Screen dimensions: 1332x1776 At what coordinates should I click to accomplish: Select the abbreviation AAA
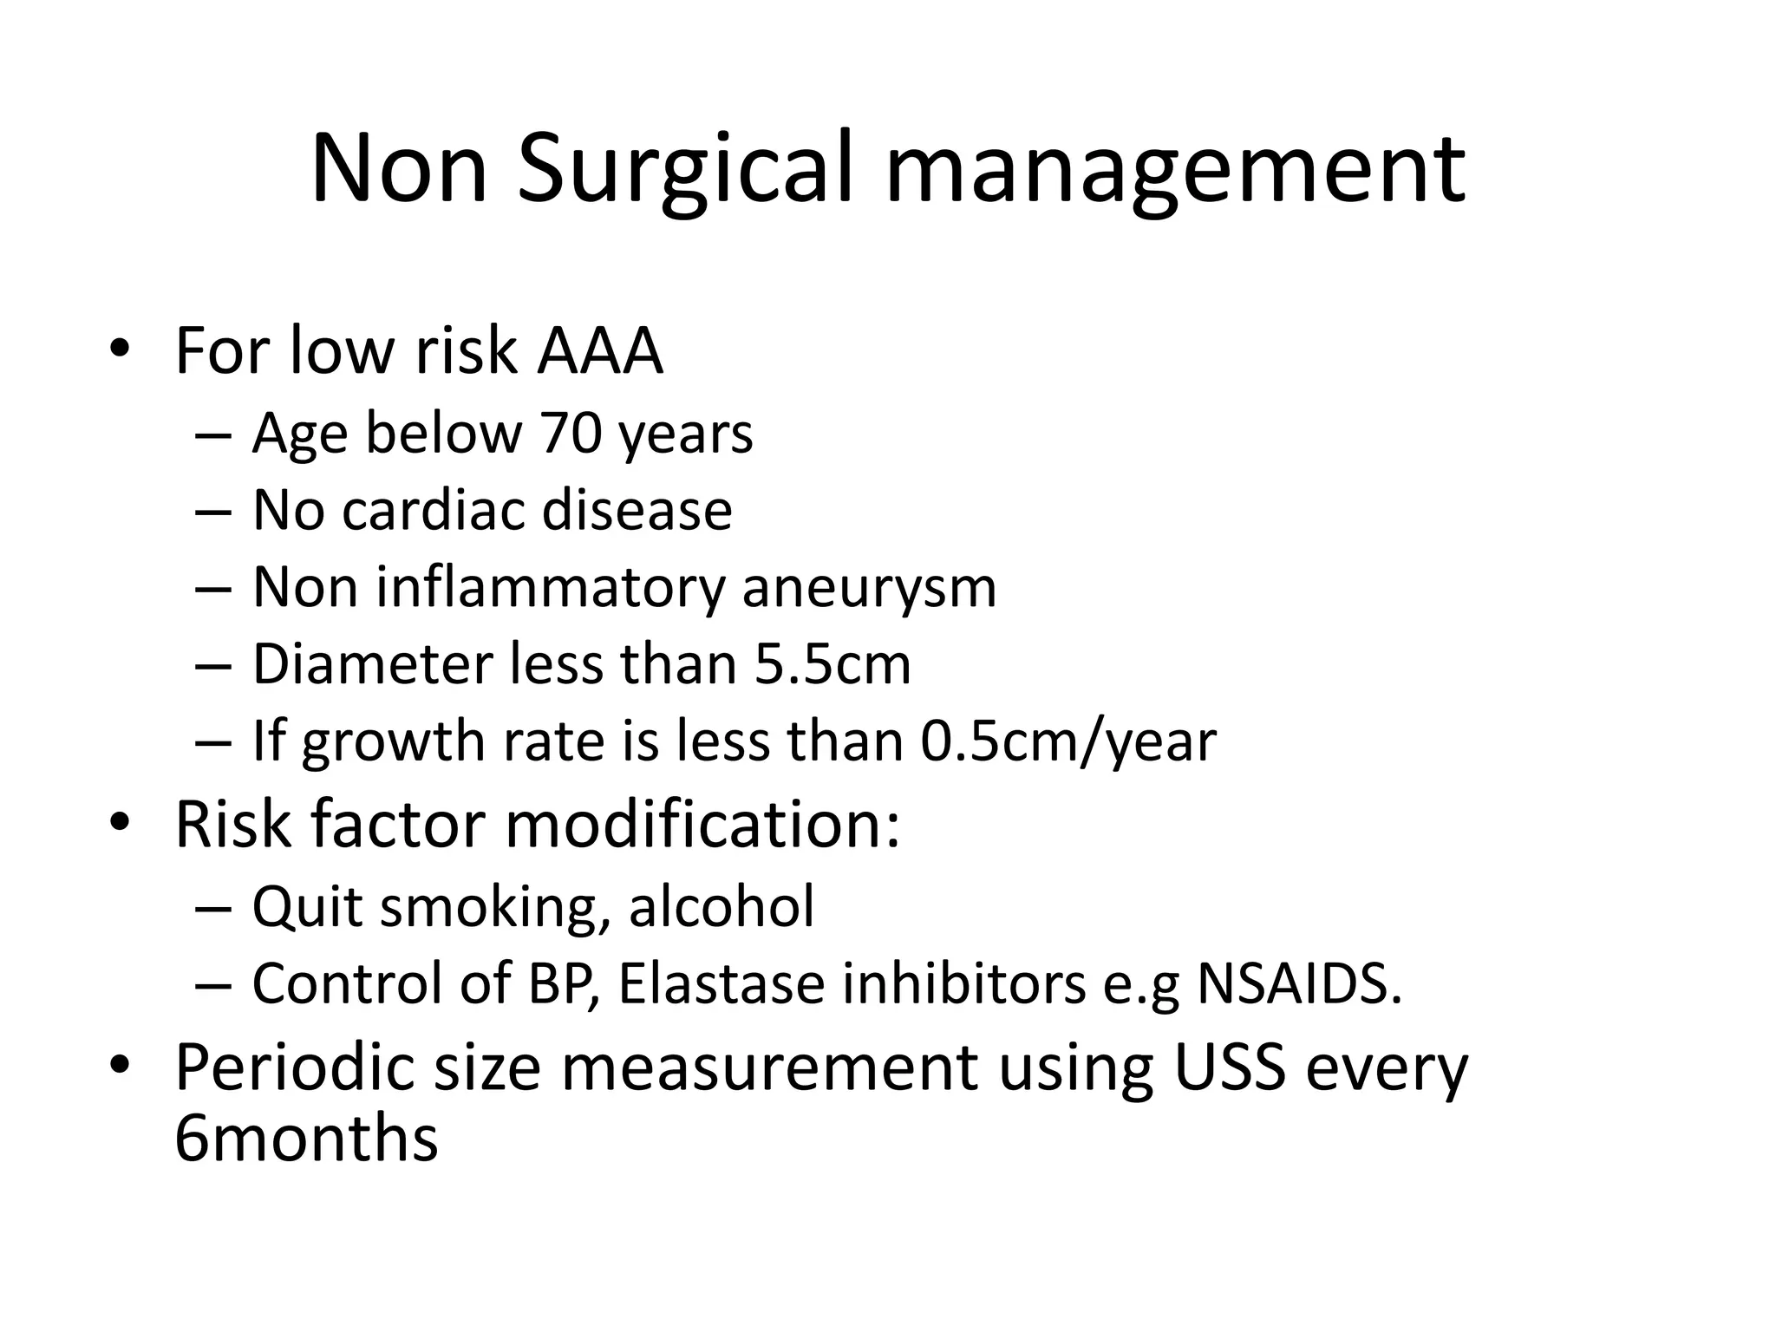coord(600,351)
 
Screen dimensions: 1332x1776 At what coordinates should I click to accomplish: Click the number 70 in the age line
coord(571,433)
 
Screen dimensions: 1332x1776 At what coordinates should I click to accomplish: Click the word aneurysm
coord(869,587)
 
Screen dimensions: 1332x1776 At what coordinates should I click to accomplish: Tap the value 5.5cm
coord(832,664)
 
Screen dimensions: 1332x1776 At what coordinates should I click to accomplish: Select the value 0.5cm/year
coord(1068,741)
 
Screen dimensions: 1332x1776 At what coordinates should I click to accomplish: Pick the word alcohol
coord(721,907)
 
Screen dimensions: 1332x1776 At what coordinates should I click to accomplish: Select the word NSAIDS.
coord(1298,984)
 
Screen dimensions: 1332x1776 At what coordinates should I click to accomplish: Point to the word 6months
coord(306,1139)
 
